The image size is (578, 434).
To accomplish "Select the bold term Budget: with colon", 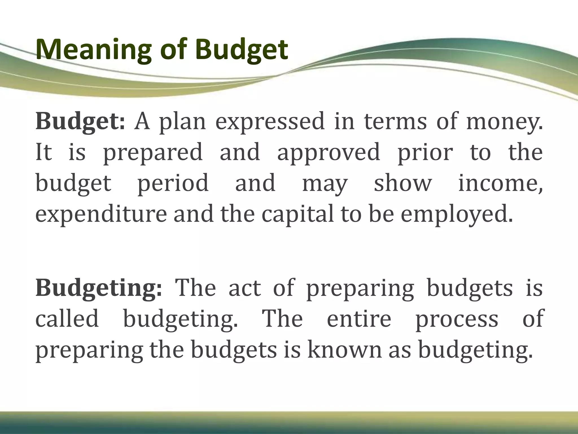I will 80,121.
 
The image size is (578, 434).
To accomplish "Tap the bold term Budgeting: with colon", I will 99,288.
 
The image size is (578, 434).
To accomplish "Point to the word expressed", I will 270,121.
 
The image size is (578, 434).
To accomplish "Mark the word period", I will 173,183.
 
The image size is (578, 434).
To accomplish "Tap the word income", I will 500,183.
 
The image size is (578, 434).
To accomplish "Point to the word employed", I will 456,214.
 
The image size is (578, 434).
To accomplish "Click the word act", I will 244,288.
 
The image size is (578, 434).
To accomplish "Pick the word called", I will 67,319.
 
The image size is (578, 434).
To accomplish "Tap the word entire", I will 359,319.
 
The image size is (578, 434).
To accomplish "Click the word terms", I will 395,121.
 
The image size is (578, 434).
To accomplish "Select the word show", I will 403,183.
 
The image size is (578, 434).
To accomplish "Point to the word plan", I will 183,121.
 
